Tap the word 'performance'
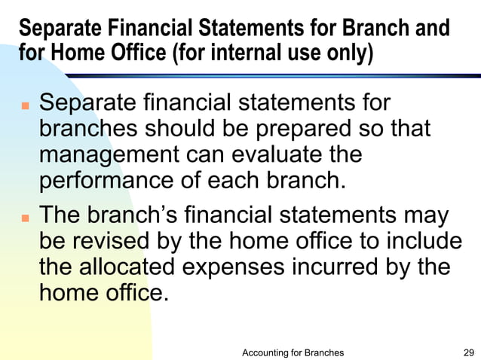[106, 181]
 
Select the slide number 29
[468, 352]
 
